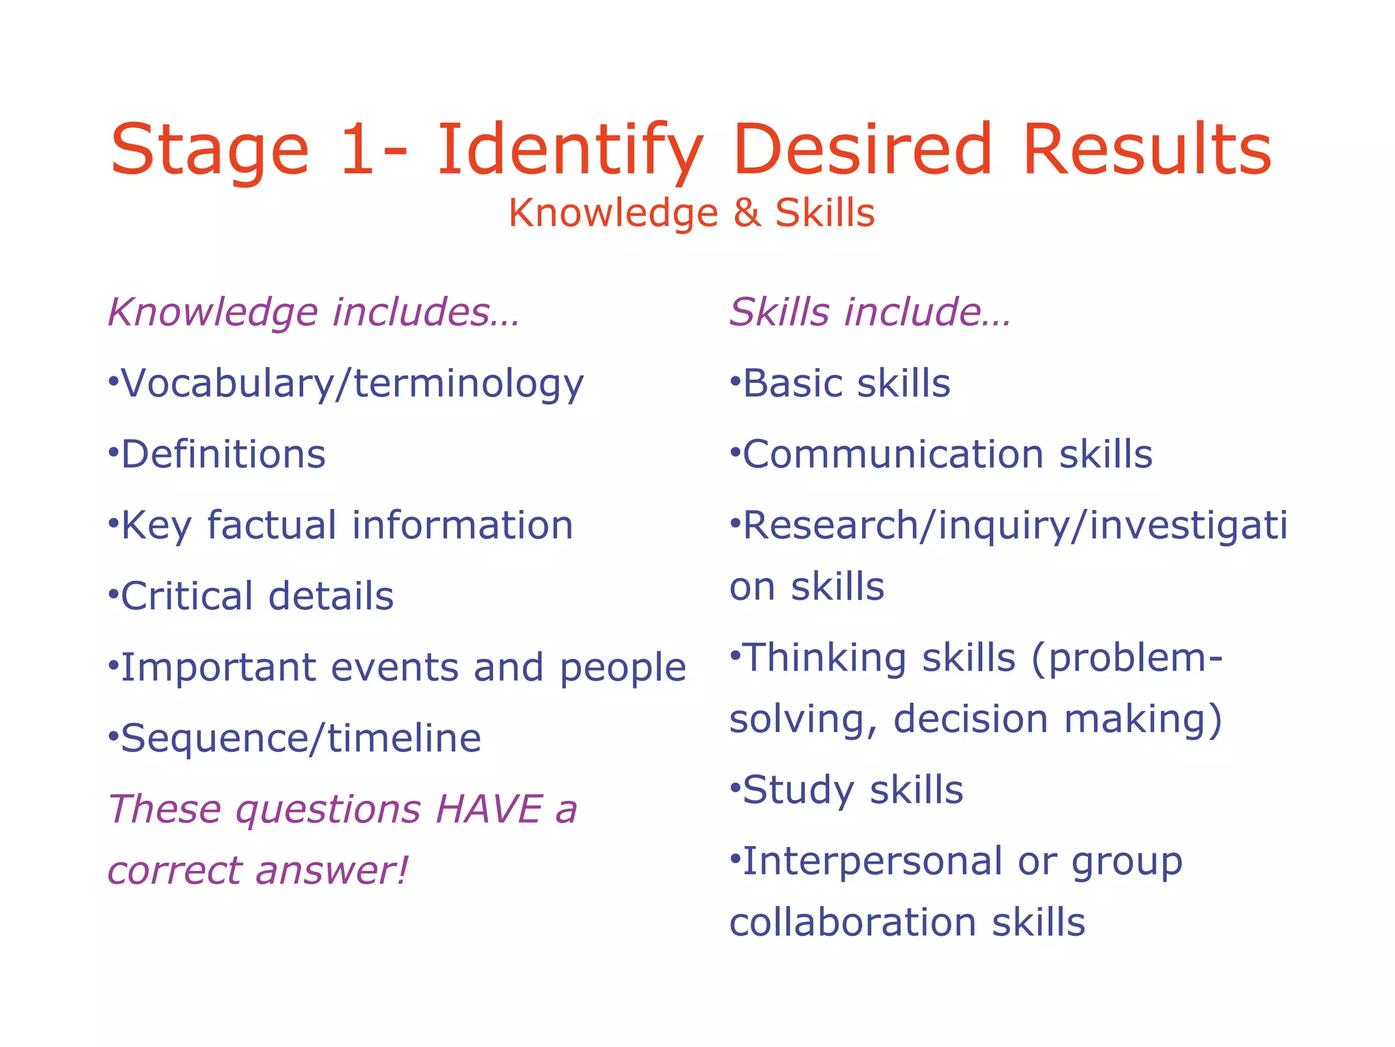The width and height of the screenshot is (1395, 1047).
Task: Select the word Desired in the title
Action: (862, 150)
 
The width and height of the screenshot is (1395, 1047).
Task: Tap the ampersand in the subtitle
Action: (747, 213)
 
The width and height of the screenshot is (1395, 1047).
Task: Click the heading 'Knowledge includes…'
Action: (314, 312)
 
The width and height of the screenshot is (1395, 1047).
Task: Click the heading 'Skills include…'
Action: (870, 312)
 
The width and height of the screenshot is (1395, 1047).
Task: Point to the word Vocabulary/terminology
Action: (352, 384)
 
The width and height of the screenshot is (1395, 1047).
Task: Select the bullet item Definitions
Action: (223, 455)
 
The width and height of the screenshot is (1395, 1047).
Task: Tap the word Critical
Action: (187, 596)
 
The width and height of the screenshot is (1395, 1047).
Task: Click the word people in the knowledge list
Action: (623, 669)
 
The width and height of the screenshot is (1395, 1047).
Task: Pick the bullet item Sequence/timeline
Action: (300, 739)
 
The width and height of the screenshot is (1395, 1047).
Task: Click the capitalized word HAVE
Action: (488, 810)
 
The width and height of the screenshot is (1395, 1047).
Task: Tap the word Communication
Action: (892, 455)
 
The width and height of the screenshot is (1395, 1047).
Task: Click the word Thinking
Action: (824, 658)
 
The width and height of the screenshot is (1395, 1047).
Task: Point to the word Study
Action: (798, 791)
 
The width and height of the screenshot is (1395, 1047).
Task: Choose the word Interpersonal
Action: (872, 862)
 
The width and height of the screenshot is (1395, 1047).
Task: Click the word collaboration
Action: (853, 923)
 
